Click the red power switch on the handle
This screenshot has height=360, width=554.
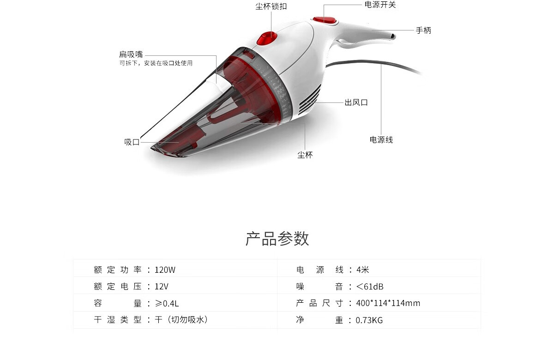pyautogui.click(x=325, y=20)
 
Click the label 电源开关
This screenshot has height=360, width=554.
pyautogui.click(x=380, y=5)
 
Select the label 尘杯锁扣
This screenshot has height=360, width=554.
pyautogui.click(x=271, y=6)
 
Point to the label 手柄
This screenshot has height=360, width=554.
pyautogui.click(x=423, y=30)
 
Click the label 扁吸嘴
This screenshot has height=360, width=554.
pyautogui.click(x=131, y=54)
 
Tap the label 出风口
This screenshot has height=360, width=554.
pyautogui.click(x=356, y=102)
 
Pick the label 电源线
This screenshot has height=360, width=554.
pyautogui.click(x=381, y=140)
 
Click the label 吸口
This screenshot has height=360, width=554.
pyautogui.click(x=132, y=142)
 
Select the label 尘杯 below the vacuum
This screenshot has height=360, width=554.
pyautogui.click(x=305, y=155)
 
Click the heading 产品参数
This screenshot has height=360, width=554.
pyautogui.click(x=277, y=239)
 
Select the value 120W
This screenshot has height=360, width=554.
pyautogui.click(x=165, y=270)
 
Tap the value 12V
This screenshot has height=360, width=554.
pyautogui.click(x=162, y=287)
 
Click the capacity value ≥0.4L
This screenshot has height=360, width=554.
pyautogui.click(x=167, y=303)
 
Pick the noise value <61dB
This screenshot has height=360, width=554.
pyautogui.click(x=370, y=287)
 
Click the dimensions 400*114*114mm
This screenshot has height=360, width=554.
pyautogui.click(x=388, y=303)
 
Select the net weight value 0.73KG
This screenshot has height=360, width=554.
pyautogui.click(x=369, y=320)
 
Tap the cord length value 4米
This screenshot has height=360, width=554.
pyautogui.click(x=362, y=270)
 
